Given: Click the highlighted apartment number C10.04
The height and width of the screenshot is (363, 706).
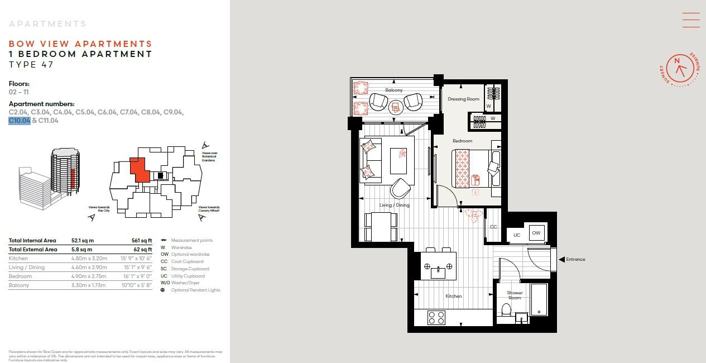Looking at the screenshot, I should (20, 120).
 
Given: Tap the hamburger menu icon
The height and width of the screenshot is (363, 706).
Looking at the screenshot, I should (690, 20).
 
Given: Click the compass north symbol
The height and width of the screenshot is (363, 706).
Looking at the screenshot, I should (678, 61).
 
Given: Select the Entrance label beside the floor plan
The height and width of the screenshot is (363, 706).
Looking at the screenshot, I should (575, 259).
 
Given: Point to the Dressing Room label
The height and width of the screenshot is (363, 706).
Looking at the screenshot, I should (463, 99).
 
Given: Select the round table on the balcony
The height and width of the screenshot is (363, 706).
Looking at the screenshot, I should (395, 106).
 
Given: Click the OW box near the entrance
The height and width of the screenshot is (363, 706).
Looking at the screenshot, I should (536, 233).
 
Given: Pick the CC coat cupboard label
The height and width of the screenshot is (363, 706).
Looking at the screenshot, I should (493, 227).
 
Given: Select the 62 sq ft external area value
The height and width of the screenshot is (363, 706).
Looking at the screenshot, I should (143, 250).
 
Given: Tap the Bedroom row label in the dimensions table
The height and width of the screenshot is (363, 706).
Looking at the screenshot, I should (20, 276).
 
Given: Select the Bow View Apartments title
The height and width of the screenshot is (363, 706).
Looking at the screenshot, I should (80, 44).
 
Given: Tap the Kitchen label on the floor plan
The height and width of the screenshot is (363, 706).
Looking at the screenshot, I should (454, 296).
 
